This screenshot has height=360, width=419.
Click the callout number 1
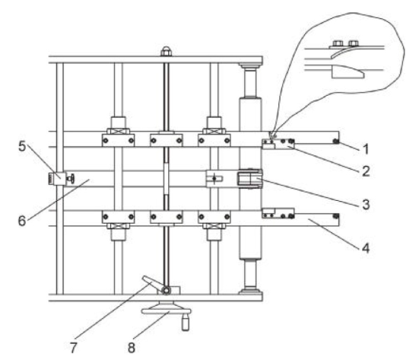tap(366, 149)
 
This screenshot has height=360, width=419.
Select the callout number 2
tap(366, 170)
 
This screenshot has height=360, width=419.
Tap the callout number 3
tap(366, 205)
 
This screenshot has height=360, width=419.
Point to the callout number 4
tap(366, 248)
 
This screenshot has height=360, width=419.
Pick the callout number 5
tap(22, 147)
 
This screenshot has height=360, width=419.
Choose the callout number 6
tap(22, 221)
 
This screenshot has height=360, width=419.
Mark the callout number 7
tap(73, 347)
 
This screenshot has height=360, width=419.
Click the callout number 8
tap(132, 347)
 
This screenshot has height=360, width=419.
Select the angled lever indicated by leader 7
tap(153, 283)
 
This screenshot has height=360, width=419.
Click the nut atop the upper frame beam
tap(166, 51)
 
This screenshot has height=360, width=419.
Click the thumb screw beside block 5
tap(70, 179)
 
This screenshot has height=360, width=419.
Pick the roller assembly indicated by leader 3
tap(249, 179)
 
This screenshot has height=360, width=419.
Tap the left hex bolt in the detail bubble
tap(337, 43)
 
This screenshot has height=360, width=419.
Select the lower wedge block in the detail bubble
tap(348, 72)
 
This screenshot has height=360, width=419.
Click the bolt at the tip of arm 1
tap(336, 141)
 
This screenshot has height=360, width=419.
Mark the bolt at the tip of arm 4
tap(336, 215)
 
